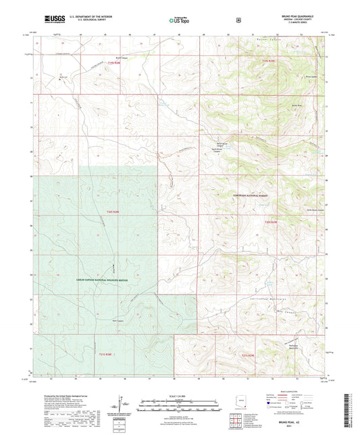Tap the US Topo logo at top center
pyautogui.click(x=179, y=20)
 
